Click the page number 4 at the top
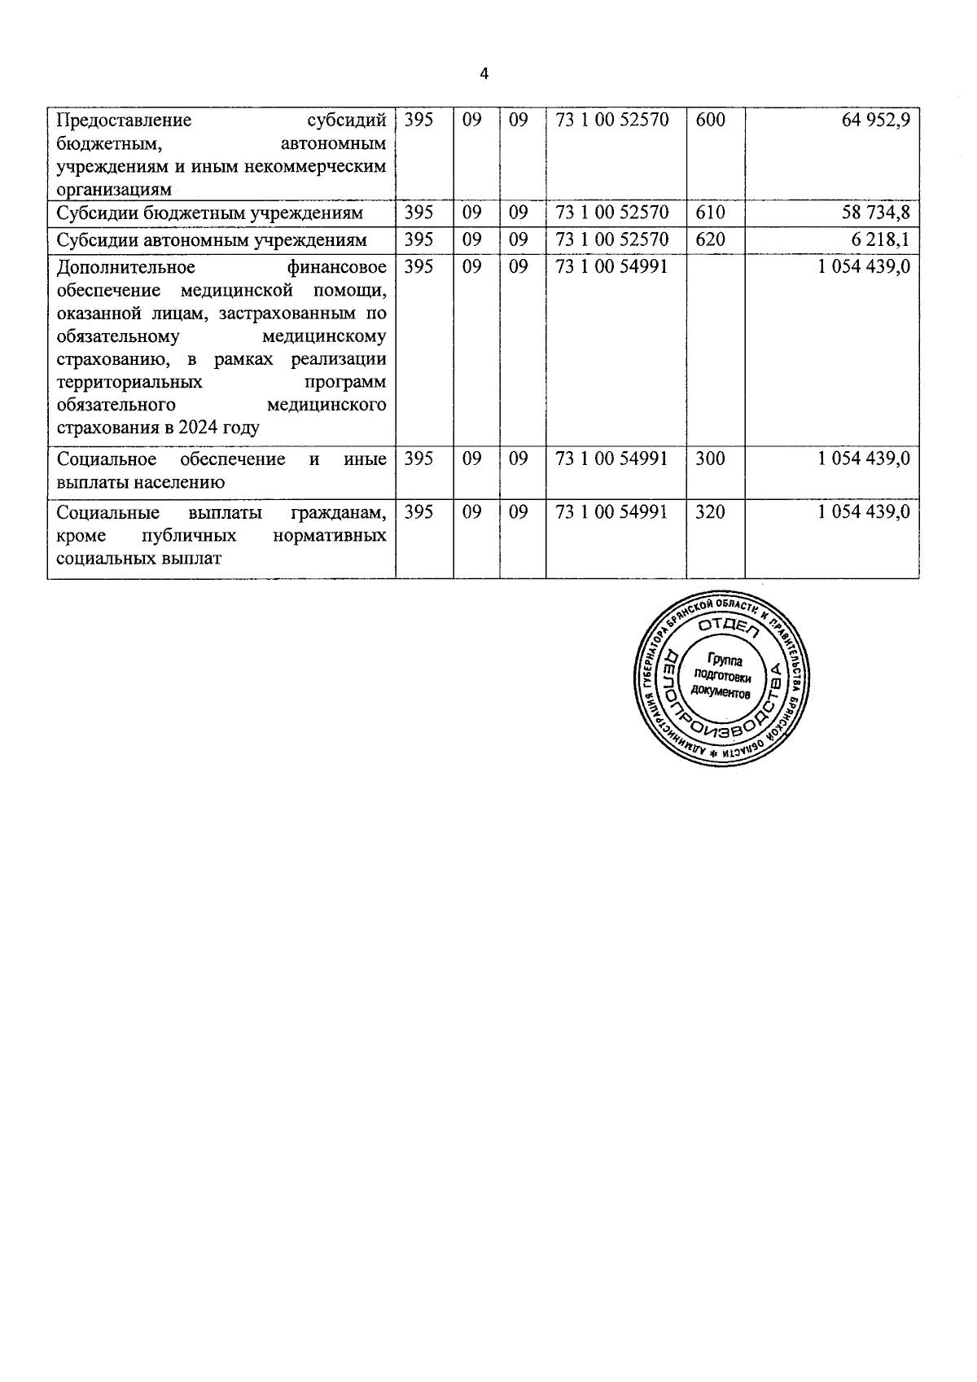485,74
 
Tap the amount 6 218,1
881,240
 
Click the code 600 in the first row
711,121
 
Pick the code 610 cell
711,213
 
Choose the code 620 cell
711,240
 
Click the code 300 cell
711,459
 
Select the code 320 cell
711,512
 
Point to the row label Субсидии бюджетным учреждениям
210,214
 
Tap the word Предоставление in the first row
124,121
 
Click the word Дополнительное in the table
126,267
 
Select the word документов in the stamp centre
720,691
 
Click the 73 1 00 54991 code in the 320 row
611,512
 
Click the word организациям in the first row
114,190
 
